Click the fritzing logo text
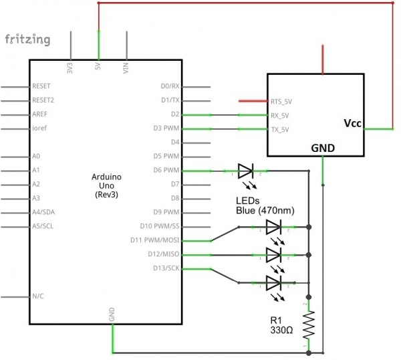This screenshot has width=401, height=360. tap(27, 39)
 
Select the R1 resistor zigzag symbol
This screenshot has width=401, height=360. tap(309, 326)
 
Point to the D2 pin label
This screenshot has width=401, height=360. tap(175, 114)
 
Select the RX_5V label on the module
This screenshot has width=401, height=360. tap(281, 115)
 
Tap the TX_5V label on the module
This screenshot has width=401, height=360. tap(281, 129)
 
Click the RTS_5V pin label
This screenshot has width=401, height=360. tap(282, 101)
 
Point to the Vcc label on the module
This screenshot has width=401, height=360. tap(352, 123)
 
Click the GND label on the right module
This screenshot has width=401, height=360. tap(323, 148)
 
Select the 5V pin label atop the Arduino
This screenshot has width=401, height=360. tap(98, 68)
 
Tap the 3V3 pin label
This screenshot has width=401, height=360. tap(70, 68)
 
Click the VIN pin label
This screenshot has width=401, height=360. tap(126, 68)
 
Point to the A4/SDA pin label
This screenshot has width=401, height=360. tap(43, 212)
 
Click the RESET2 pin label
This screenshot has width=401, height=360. tap(43, 100)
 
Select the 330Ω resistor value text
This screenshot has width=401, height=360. tap(282, 331)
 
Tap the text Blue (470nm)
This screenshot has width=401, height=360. tap(265, 211)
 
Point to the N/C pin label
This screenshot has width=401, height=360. tap(39, 296)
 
